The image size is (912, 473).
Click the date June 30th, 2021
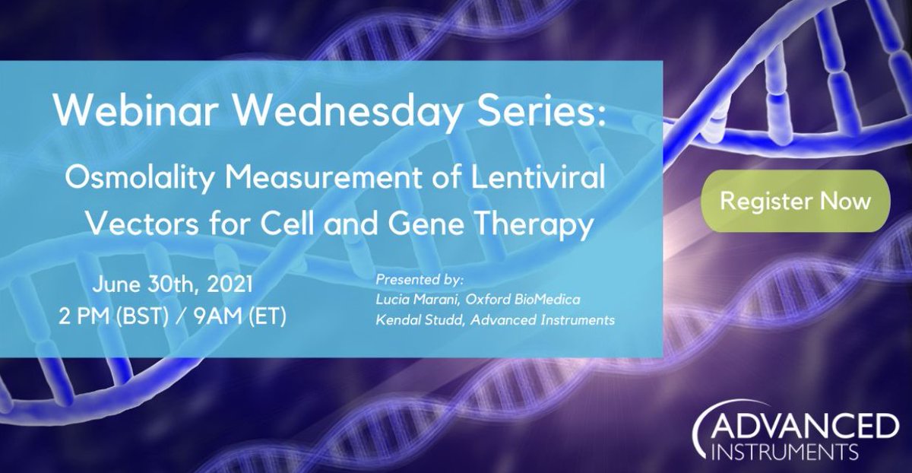point(173,286)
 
